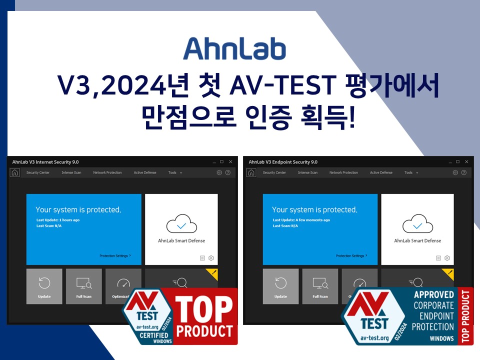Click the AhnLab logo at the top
[x=234, y=48]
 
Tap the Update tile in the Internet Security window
[x=44, y=286]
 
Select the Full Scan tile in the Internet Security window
[x=83, y=286]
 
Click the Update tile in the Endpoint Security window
[x=280, y=286]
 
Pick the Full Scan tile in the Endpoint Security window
[x=320, y=286]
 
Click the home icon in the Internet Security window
[x=15, y=172]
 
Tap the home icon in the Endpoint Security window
[x=251, y=172]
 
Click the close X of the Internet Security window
[x=230, y=162]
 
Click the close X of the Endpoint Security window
[x=466, y=162]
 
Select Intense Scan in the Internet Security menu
[x=71, y=172]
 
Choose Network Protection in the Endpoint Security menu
[x=343, y=172]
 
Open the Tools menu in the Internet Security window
[x=174, y=172]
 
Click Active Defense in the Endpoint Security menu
[x=381, y=172]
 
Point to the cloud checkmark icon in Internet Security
[x=181, y=224]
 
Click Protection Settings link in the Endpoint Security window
[x=351, y=255]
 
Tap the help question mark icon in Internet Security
[x=227, y=172]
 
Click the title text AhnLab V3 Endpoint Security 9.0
[x=283, y=162]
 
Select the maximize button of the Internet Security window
[x=221, y=162]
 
